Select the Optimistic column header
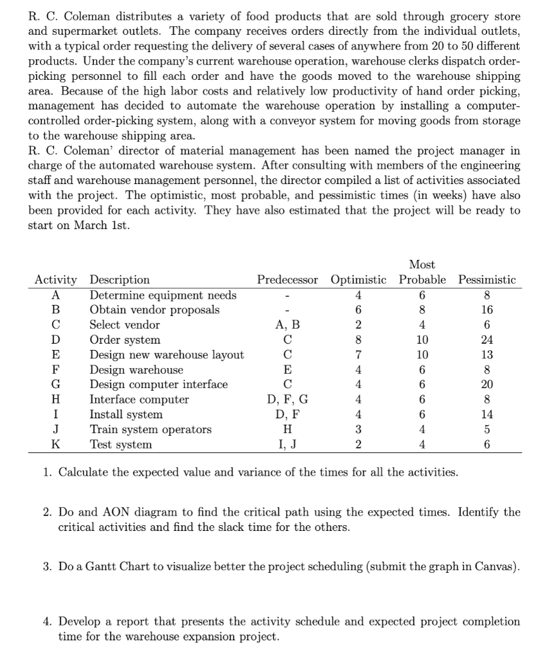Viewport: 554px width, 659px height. (358, 280)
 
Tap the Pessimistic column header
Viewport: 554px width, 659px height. (487, 280)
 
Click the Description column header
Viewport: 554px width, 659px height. (120, 280)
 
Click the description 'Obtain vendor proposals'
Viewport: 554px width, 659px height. (154, 310)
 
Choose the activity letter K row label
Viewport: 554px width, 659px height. (57, 444)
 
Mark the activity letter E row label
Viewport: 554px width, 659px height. (57, 355)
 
